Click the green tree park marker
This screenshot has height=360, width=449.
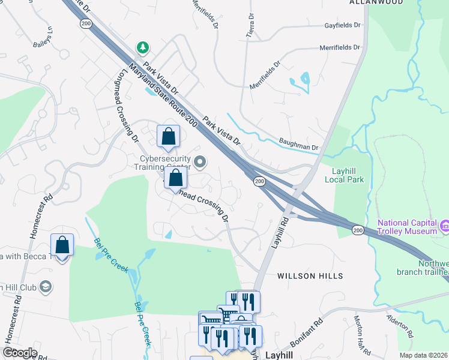(x=142, y=46)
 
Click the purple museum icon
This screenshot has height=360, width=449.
(x=445, y=226)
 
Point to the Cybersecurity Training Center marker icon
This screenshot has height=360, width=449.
(x=200, y=162)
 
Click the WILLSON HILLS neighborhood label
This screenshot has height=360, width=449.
(x=310, y=276)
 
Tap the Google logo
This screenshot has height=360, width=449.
(x=20, y=353)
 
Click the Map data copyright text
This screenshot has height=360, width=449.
(x=424, y=355)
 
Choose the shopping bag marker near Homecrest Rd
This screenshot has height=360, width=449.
(x=62, y=245)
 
